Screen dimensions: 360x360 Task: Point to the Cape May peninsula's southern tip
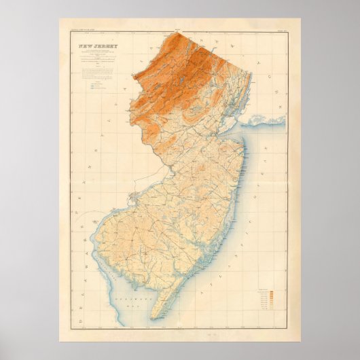pos(151,318)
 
